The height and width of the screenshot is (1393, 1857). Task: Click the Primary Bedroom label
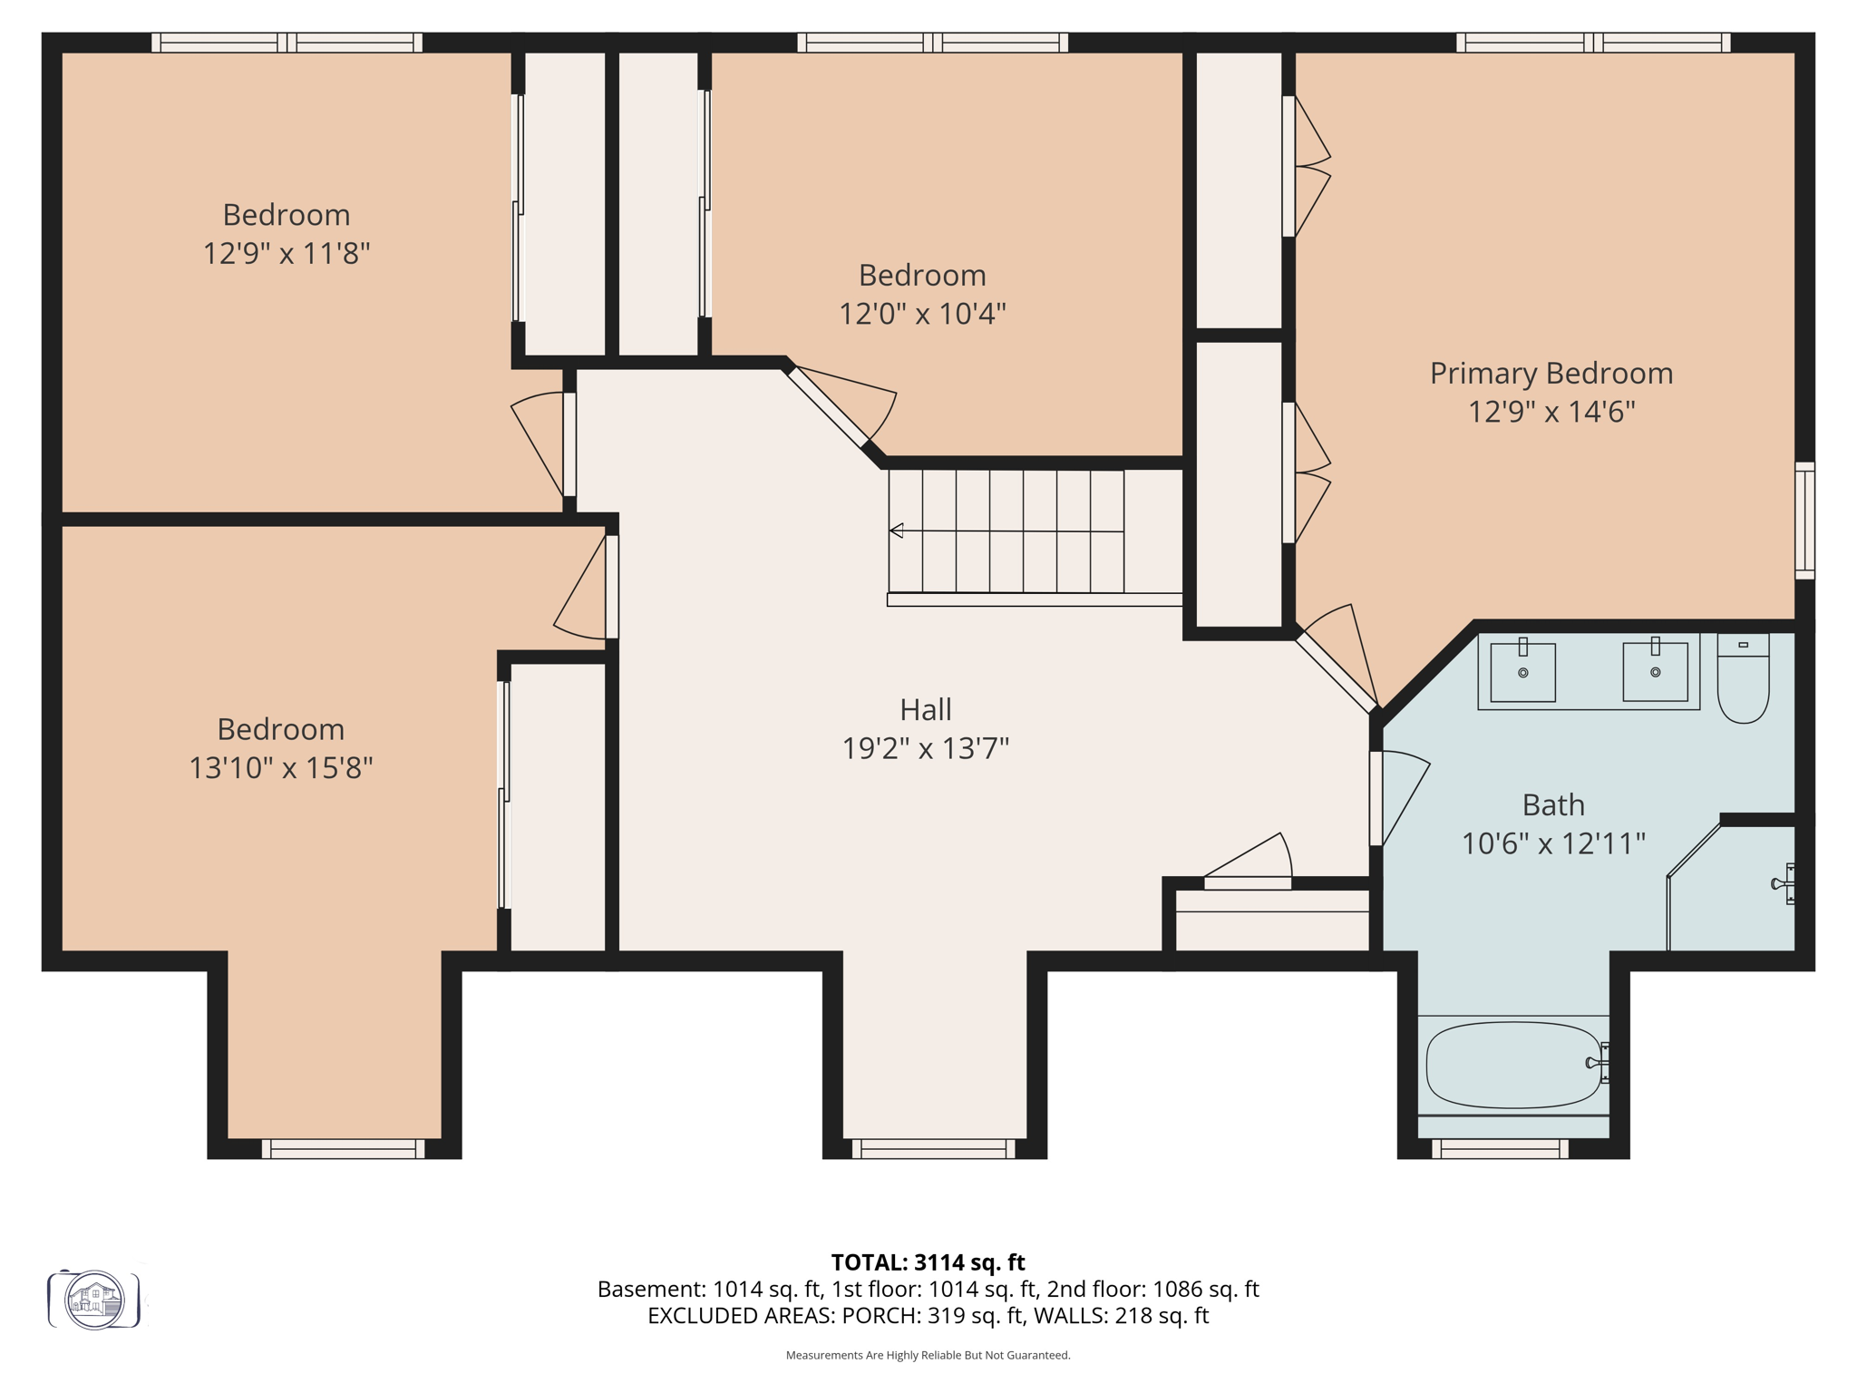coord(1551,373)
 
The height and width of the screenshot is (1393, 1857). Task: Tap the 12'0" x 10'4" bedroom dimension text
coord(922,314)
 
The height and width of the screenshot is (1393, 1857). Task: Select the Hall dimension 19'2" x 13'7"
coord(925,748)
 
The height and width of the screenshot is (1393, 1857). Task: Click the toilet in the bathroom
coord(1743,680)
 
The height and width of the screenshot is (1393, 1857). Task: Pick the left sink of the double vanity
coord(1522,672)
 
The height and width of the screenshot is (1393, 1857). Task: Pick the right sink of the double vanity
coord(1655,672)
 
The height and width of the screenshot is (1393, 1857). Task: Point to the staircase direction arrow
coord(897,531)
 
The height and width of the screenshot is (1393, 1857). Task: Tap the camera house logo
coord(94,1300)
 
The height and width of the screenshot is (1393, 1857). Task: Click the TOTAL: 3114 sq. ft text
coord(928,1262)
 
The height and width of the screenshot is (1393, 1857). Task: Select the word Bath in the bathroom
coord(1552,804)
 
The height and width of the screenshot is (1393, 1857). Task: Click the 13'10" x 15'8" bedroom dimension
coord(280,768)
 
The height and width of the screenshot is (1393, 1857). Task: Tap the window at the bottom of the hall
coord(933,1149)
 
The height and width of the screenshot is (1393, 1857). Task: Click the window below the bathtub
coord(1500,1149)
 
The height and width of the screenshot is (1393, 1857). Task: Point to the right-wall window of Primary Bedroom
coord(1804,521)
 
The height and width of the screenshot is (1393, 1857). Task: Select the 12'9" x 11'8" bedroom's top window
coord(287,43)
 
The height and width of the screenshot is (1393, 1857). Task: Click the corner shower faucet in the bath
coord(1784,883)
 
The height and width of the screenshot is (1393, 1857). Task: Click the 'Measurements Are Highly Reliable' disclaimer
coord(928,1355)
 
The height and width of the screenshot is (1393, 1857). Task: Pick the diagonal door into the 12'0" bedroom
coord(827,407)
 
